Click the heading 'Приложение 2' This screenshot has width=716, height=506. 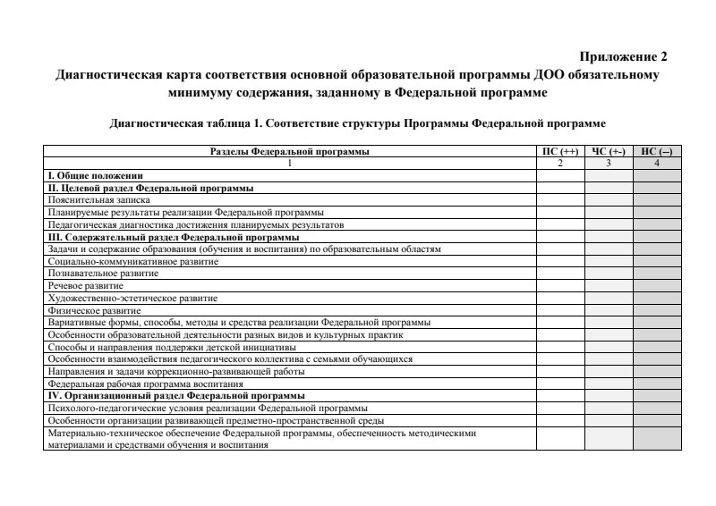[x=623, y=56]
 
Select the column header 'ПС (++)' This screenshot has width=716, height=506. [x=559, y=152]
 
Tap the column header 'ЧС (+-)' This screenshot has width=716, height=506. [x=609, y=152]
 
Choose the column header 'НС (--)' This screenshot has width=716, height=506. [x=657, y=152]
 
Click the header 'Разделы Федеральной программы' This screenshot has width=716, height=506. [x=289, y=152]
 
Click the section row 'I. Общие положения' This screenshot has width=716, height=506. [x=95, y=176]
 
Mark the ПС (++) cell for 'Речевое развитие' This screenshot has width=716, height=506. [x=559, y=285]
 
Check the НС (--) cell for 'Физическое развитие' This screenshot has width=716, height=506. [x=657, y=309]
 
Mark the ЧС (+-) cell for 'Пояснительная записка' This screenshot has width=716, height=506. [x=609, y=200]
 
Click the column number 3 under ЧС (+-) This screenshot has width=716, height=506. [x=609, y=164]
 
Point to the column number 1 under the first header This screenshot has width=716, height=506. [x=289, y=164]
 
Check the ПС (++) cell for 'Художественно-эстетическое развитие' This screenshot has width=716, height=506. [x=559, y=297]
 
